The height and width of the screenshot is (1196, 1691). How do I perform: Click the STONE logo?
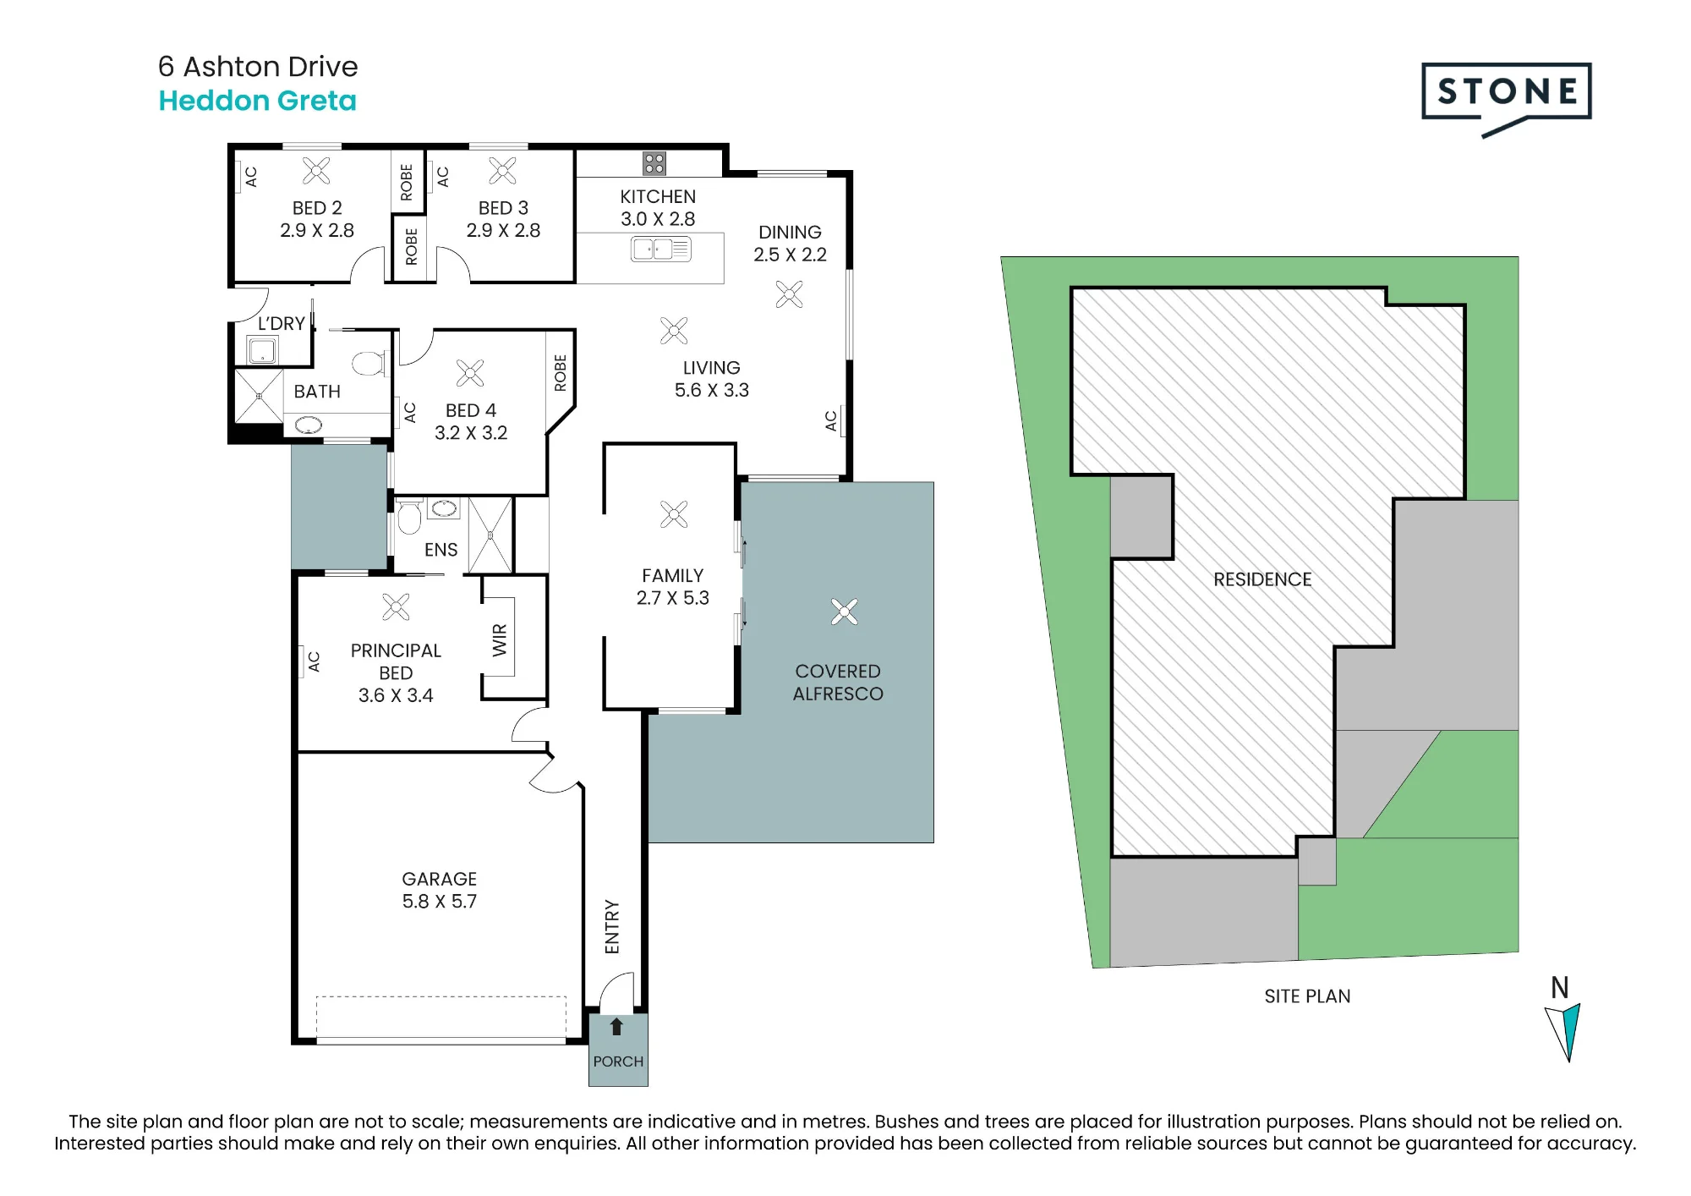(1506, 98)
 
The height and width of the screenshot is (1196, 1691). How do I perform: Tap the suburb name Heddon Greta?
(257, 101)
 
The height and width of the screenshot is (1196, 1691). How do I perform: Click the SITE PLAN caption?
(1307, 996)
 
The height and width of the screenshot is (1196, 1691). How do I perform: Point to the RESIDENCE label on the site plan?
(1262, 579)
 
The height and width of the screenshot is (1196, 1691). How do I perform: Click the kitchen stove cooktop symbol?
(654, 163)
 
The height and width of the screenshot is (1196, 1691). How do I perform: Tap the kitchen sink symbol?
(661, 249)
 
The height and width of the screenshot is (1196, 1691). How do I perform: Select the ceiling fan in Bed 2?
(316, 171)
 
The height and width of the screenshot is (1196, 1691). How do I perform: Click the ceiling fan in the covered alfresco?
(844, 612)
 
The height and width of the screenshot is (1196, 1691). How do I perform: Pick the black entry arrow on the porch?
(616, 1026)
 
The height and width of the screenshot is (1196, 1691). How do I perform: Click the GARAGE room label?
(439, 879)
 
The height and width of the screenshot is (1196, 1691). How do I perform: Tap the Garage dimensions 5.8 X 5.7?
(439, 902)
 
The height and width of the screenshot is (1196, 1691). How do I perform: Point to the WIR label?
(500, 640)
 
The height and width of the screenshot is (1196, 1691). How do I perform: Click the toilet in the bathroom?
(369, 363)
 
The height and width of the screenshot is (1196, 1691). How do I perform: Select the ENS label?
(441, 550)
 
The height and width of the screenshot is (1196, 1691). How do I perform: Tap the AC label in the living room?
(830, 420)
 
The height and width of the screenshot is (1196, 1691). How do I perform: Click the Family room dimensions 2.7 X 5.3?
(672, 598)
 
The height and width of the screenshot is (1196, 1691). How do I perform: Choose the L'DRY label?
(282, 323)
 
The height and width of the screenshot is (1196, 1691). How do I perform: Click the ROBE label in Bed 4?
(560, 373)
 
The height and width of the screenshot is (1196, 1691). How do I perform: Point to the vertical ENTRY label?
(612, 927)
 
